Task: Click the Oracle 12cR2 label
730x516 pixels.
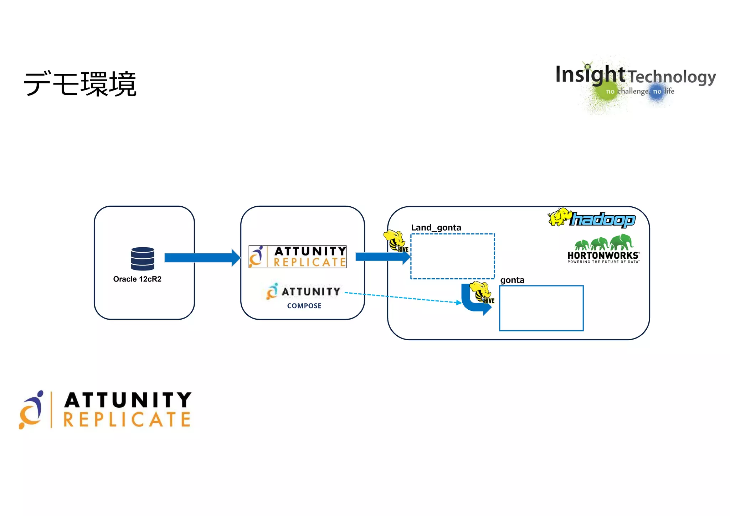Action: coord(137,279)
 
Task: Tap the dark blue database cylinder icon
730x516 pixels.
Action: coord(143,259)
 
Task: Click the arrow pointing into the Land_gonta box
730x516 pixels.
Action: coord(381,257)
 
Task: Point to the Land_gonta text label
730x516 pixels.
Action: coord(436,227)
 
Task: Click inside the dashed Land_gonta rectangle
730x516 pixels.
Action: coord(453,256)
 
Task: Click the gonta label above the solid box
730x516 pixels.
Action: coord(512,280)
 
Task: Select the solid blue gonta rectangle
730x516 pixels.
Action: coord(541,308)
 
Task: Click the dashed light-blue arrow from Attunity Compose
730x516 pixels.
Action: coord(403,298)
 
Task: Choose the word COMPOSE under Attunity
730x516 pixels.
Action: coord(304,306)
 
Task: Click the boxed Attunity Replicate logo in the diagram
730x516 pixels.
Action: coord(298,257)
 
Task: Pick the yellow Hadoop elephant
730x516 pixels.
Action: coord(560,217)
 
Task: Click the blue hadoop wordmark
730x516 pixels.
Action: coord(603,220)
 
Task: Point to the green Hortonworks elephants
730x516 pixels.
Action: coord(603,242)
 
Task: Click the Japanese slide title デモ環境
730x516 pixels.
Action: coord(80,84)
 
